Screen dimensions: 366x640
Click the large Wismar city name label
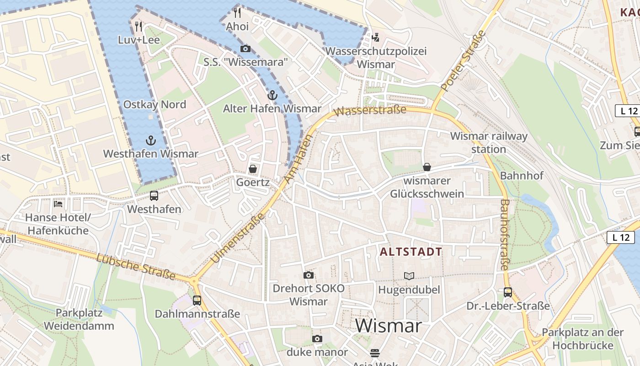(388, 326)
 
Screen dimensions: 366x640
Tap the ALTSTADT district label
(411, 252)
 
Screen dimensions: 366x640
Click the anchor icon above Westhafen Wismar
(150, 140)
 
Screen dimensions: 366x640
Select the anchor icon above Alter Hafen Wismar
(272, 95)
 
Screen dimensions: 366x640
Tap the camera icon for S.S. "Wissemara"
(245, 48)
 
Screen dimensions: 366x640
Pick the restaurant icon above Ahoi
(237, 12)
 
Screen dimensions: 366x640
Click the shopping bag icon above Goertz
(252, 169)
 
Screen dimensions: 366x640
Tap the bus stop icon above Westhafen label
(154, 196)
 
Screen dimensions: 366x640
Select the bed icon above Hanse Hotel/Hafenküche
(58, 204)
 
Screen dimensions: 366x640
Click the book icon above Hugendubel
(409, 276)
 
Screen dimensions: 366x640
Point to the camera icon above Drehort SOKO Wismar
(309, 275)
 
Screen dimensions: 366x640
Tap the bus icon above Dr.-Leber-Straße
(507, 292)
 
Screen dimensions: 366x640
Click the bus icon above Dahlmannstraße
(197, 300)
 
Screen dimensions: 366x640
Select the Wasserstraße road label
(370, 111)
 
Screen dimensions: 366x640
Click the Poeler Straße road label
(463, 60)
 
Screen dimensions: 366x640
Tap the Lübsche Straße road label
(136, 267)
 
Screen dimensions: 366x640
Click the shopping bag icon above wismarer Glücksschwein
(427, 167)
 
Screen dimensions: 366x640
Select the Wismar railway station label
(489, 142)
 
